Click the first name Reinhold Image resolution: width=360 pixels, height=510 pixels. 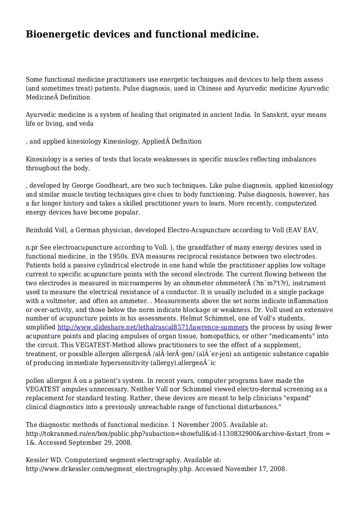coord(39,230)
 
